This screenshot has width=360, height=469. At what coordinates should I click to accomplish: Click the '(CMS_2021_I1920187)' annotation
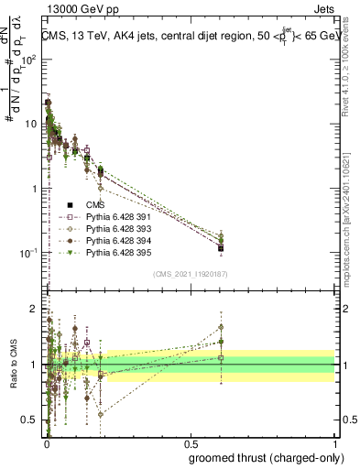189,274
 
